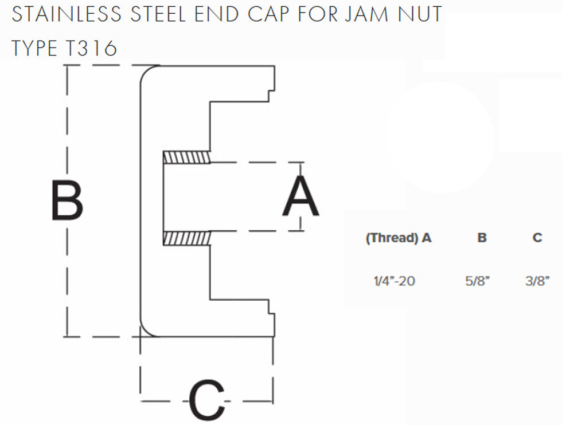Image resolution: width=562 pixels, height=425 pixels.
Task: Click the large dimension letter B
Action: (x=67, y=200)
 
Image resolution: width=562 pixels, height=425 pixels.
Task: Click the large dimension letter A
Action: (x=300, y=196)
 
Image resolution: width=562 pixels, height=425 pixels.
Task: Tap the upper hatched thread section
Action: (x=186, y=157)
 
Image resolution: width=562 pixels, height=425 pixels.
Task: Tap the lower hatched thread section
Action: (x=186, y=238)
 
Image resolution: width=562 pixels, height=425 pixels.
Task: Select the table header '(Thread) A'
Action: (x=398, y=238)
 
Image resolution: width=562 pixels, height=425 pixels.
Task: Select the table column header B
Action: (x=482, y=238)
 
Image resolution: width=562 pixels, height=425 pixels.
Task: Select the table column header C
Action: (x=537, y=238)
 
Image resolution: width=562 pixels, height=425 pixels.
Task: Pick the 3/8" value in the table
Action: (x=537, y=281)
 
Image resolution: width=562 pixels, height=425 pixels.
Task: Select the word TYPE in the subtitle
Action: (x=34, y=49)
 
